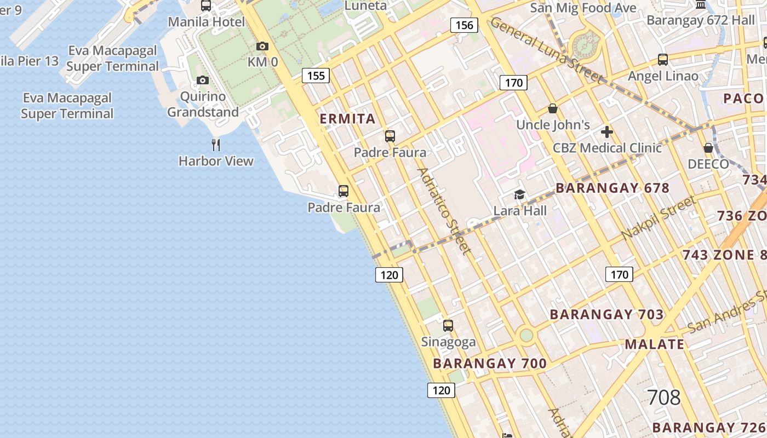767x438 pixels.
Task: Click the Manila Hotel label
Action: click(206, 22)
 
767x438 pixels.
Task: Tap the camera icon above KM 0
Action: click(262, 47)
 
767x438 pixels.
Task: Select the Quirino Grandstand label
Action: click(203, 104)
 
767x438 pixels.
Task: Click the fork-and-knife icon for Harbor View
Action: click(216, 145)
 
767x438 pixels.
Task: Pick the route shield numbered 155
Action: click(316, 76)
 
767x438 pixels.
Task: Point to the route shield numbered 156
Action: click(464, 25)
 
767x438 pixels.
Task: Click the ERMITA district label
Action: click(347, 119)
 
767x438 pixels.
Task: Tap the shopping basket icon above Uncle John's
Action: click(553, 109)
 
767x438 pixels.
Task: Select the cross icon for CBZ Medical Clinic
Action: click(606, 132)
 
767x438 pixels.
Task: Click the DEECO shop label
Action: click(708, 164)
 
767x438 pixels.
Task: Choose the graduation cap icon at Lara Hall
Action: click(519, 194)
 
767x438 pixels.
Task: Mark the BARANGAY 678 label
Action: click(612, 188)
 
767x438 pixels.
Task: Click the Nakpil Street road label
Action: click(658, 218)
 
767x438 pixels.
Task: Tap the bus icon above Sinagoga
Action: click(448, 326)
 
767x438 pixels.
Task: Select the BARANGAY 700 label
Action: click(490, 364)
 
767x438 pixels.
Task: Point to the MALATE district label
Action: click(655, 344)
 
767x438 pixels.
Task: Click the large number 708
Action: click(663, 397)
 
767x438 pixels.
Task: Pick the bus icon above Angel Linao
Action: click(662, 60)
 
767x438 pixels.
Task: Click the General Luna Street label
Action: click(546, 49)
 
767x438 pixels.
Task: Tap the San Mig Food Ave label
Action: click(583, 8)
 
